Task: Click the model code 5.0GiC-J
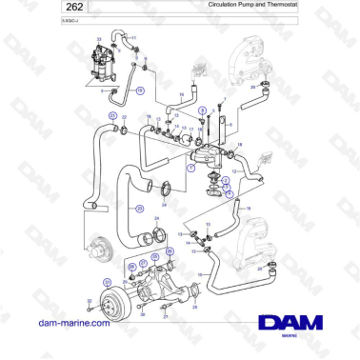point(16,19)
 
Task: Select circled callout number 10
point(140,90)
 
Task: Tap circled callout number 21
point(112,116)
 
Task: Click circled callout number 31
point(108,282)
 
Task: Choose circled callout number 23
point(140,208)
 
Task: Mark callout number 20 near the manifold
point(252,88)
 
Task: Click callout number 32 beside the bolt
point(88,301)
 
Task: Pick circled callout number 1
point(190,167)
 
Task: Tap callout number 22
point(124,116)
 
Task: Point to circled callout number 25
point(170,251)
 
